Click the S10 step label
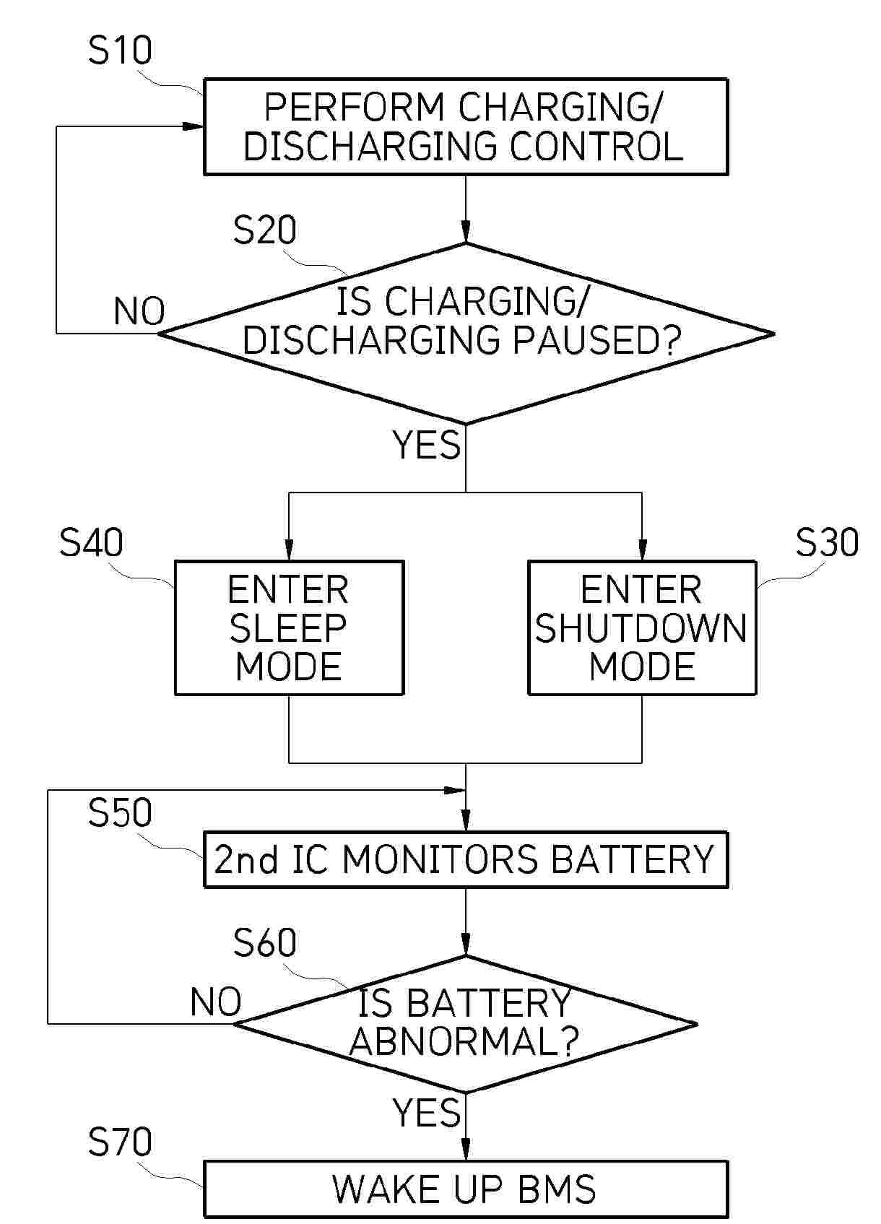click(x=120, y=51)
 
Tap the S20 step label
click(x=264, y=230)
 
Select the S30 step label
click(x=827, y=542)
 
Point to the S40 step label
click(x=91, y=542)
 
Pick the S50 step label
click(x=120, y=812)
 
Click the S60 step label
click(x=264, y=943)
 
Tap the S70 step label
click(x=120, y=1142)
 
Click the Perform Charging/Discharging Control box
click(x=466, y=127)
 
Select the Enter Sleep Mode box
click(x=289, y=628)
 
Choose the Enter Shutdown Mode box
click(x=642, y=628)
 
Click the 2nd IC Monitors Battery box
click(x=466, y=859)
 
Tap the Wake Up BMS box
click(x=466, y=1189)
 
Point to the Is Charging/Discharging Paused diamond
click(x=466, y=334)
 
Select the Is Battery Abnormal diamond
click(x=466, y=1023)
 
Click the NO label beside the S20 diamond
click(x=139, y=312)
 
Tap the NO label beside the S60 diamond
click(x=215, y=1002)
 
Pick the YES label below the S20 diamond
click(x=426, y=445)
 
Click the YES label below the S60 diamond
click(x=426, y=1112)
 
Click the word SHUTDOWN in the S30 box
click(x=641, y=628)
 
